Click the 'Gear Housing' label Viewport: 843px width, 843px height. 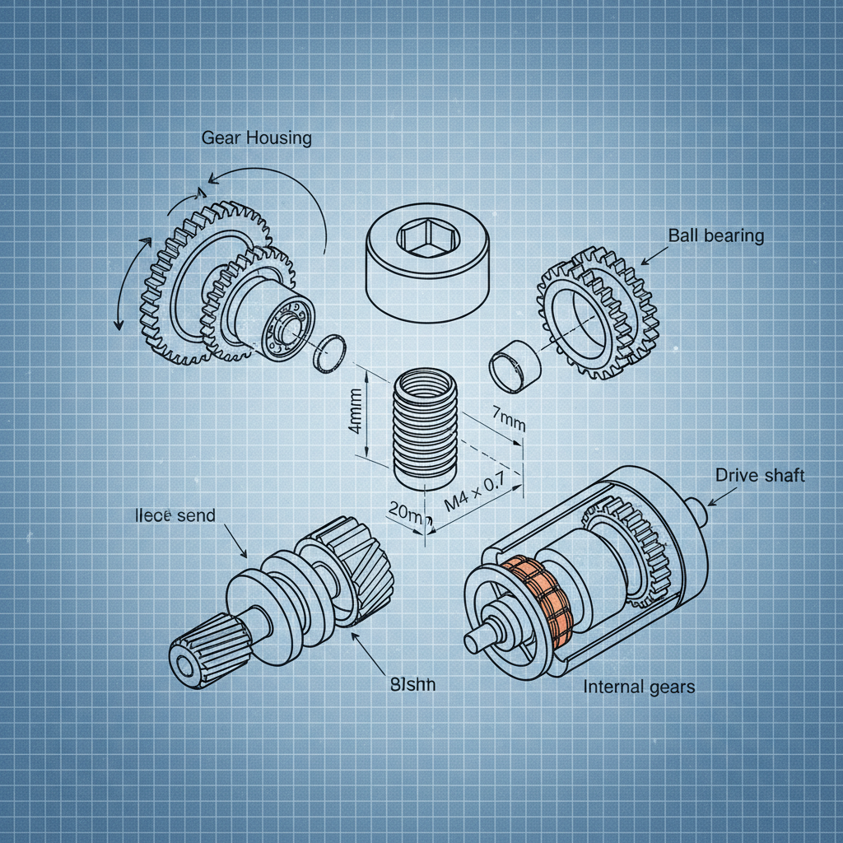point(256,137)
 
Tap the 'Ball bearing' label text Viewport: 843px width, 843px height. point(715,236)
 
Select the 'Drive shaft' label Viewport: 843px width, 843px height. point(759,475)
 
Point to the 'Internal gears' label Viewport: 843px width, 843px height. point(639,687)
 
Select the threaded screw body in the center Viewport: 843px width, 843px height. point(425,430)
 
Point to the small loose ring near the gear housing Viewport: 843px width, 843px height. point(332,352)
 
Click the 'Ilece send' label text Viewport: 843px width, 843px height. point(174,516)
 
